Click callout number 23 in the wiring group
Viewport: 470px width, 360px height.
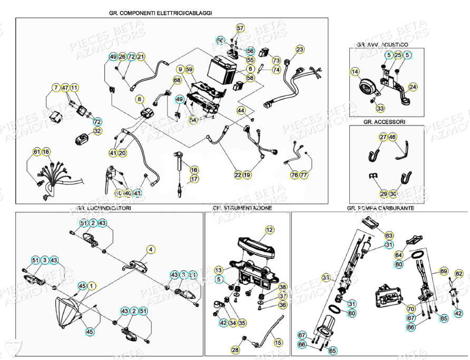tap(300, 50)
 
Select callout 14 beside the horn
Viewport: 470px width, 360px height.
tap(355, 72)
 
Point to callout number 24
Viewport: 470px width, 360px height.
tap(413, 87)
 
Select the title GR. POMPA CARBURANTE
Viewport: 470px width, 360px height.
tap(380, 208)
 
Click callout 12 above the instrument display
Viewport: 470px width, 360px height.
tap(269, 230)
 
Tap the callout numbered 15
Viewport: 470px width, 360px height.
tap(278, 343)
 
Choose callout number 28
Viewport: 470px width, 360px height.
tap(235, 349)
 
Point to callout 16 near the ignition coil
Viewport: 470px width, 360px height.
tap(194, 170)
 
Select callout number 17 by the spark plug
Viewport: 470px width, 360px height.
tap(194, 179)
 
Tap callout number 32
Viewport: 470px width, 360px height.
tap(97, 131)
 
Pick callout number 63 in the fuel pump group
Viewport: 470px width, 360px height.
tap(389, 235)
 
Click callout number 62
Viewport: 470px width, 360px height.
tap(459, 274)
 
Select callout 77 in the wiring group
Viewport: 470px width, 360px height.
tap(303, 174)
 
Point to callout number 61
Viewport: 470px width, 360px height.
tap(36, 152)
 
